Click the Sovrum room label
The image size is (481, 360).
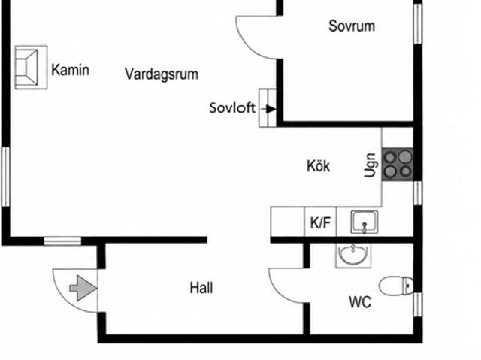point(352,26)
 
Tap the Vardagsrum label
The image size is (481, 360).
point(162,74)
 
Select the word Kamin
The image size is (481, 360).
point(70,70)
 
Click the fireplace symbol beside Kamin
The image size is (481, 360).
point(31,68)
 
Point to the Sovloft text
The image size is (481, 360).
point(232,108)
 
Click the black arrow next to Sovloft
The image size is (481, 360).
point(268,108)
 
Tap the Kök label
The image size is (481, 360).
point(319,166)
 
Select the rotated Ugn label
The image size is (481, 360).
point(370,165)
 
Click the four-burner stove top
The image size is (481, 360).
point(398,165)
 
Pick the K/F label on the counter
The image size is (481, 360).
point(320,222)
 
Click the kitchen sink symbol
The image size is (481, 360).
point(365,222)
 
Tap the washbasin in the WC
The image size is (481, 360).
point(353,255)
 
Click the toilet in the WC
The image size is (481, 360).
point(396,286)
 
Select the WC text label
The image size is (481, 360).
point(360,302)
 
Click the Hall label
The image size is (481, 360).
point(201,288)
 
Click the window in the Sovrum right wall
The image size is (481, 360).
point(418,23)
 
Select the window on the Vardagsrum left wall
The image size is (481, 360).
point(5,177)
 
